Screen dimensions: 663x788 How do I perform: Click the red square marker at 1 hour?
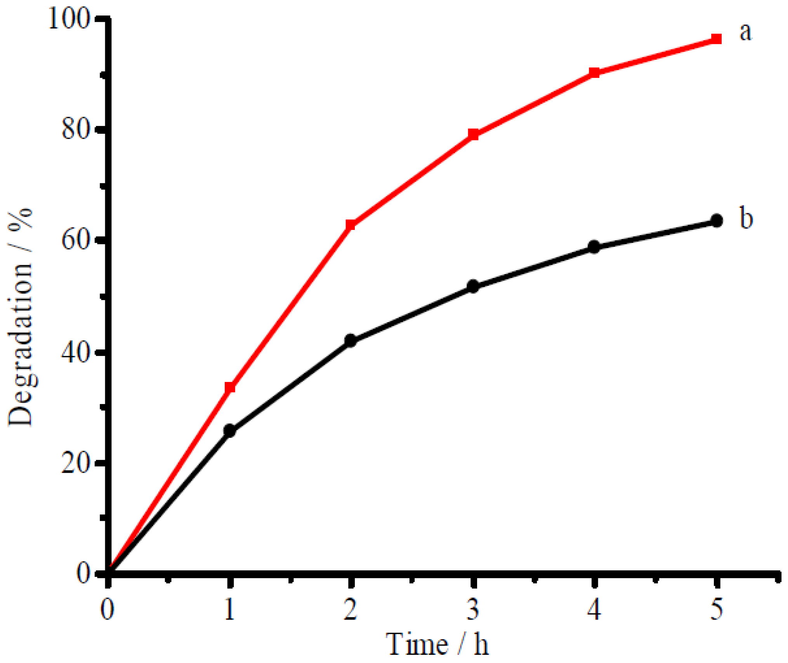[230, 387]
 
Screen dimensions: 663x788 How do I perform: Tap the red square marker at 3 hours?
[473, 135]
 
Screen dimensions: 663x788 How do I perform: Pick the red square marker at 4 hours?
[594, 73]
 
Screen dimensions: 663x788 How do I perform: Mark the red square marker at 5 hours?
[717, 39]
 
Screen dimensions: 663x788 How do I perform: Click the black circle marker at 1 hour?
[230, 431]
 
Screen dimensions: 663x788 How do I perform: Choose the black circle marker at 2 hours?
[350, 340]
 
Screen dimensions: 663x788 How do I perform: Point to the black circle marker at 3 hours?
[473, 287]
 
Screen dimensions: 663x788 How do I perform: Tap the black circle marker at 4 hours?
[594, 247]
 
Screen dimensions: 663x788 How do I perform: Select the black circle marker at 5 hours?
[717, 221]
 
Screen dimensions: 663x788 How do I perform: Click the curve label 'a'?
[745, 32]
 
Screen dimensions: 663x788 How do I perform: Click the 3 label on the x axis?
[473, 609]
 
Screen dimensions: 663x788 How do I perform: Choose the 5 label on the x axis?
[717, 609]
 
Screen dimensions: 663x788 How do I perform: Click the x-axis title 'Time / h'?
[437, 644]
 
